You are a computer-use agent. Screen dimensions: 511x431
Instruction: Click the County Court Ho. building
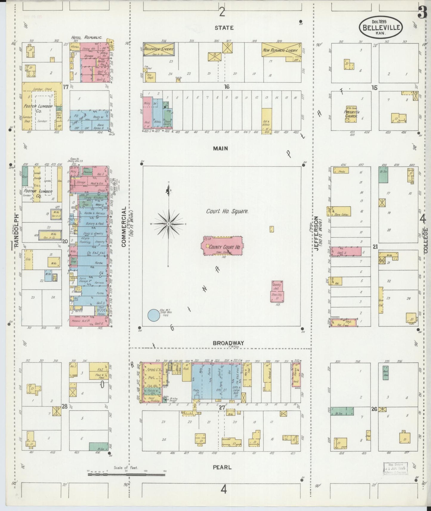(223, 246)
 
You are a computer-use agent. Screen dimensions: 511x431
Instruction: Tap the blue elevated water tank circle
(154, 315)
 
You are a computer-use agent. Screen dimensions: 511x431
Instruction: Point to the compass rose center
(169, 224)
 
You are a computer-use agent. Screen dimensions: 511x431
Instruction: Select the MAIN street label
(221, 148)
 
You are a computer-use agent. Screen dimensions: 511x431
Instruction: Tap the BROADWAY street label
(228, 343)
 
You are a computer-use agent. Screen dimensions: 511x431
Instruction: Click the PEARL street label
(222, 467)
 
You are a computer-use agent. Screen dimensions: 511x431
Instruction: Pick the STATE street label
(224, 28)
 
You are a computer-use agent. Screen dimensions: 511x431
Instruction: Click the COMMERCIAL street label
(123, 227)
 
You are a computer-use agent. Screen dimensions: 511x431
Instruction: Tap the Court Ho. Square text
(227, 211)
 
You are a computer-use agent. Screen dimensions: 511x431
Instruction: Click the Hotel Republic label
(86, 38)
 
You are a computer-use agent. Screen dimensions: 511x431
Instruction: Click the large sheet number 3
(423, 13)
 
